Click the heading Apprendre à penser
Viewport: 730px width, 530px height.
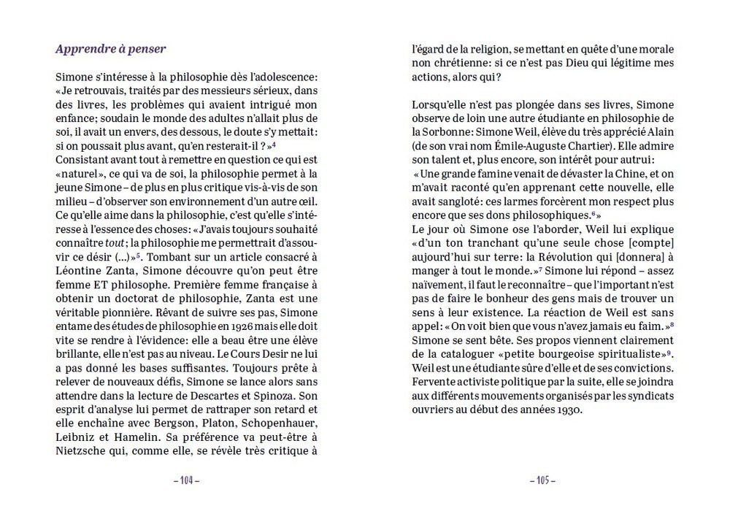pyautogui.click(x=111, y=50)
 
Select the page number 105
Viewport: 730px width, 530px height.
pyautogui.click(x=542, y=480)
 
